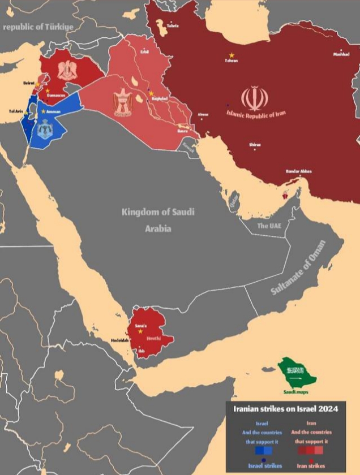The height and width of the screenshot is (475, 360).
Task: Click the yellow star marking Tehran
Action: pyautogui.click(x=231, y=54)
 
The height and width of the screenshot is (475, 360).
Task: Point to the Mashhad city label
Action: pyautogui.click(x=341, y=54)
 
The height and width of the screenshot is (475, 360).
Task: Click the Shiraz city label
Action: pyautogui.click(x=255, y=145)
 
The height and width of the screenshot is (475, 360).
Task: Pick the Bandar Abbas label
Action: pyautogui.click(x=299, y=171)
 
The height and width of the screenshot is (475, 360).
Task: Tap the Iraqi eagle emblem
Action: pyautogui.click(x=123, y=103)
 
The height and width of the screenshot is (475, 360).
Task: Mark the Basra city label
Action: pyautogui.click(x=182, y=131)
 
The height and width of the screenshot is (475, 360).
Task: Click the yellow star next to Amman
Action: pyautogui.click(x=43, y=111)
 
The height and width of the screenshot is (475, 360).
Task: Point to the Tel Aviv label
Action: pyautogui.click(x=16, y=111)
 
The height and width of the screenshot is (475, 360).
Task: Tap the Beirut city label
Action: pyautogui.click(x=29, y=83)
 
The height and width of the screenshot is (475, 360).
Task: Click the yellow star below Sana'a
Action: pyautogui.click(x=140, y=331)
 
